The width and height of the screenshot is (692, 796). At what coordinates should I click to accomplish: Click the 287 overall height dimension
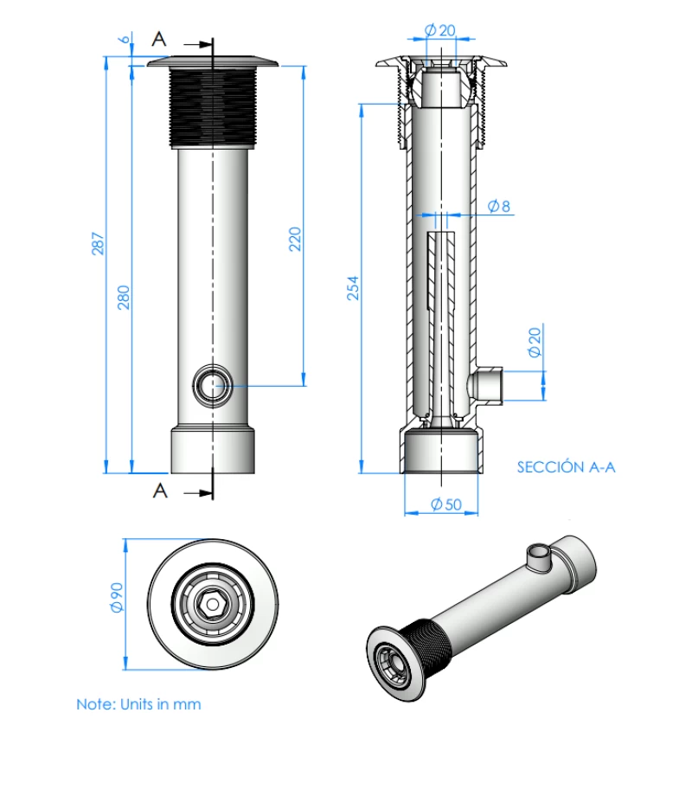98,245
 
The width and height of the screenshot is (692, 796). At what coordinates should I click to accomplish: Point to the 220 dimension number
294,239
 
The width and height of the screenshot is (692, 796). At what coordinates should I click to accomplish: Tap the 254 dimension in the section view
353,287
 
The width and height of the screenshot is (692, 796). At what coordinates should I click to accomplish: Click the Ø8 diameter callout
499,206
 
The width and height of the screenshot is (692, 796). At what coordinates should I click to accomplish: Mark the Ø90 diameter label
118,598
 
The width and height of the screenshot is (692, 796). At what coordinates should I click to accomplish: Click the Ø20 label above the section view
440,30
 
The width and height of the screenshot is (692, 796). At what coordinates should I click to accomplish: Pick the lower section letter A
160,491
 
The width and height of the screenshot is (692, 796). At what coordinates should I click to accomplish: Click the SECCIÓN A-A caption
566,467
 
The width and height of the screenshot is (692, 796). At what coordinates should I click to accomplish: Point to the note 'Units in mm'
138,704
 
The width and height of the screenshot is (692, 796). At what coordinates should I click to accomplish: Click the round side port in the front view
212,386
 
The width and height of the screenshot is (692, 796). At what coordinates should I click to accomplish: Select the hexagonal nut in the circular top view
212,603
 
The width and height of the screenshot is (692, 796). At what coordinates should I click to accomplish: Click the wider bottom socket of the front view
212,450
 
